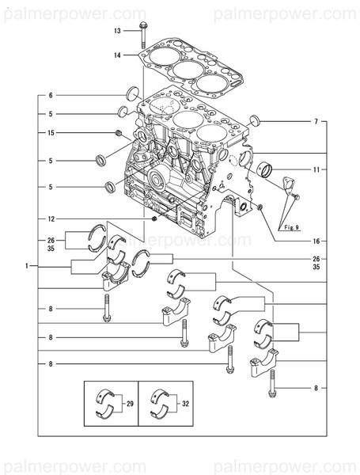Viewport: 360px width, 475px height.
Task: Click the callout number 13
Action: tap(118, 30)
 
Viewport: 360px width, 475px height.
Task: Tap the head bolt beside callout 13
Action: tap(143, 34)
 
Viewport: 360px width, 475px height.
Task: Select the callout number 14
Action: tap(118, 55)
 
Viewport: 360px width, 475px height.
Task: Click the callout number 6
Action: tap(50, 95)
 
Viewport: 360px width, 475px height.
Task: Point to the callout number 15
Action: tap(50, 132)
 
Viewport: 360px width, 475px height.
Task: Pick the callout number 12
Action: tap(50, 218)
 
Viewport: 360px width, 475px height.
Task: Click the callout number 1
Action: tap(27, 265)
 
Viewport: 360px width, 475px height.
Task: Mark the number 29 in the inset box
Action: tap(131, 404)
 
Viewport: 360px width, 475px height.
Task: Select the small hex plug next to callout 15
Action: tap(117, 132)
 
